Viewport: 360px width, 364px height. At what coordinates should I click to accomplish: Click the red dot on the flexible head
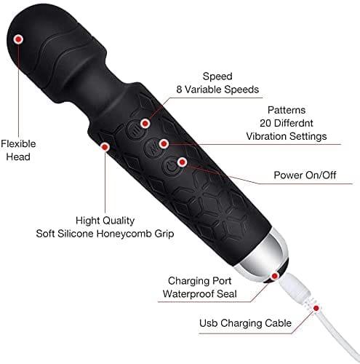pyautogui.click(x=18, y=39)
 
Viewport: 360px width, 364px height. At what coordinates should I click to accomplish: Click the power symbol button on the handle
pyautogui.click(x=172, y=167)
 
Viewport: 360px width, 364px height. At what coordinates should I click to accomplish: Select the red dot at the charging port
pyautogui.click(x=275, y=276)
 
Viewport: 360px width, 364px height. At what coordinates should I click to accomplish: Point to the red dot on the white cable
pyautogui.click(x=316, y=308)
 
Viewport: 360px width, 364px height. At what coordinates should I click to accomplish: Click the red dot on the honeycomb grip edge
pyautogui.click(x=105, y=146)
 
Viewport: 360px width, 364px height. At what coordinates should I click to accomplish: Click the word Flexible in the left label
pyautogui.click(x=18, y=143)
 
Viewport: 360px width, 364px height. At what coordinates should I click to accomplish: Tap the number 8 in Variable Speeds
pyautogui.click(x=179, y=90)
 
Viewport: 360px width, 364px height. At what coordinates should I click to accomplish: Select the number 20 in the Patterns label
pyautogui.click(x=265, y=123)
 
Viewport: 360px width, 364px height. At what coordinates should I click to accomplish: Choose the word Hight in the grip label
pyautogui.click(x=87, y=221)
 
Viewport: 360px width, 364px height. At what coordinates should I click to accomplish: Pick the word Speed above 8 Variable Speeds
pyautogui.click(x=217, y=76)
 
